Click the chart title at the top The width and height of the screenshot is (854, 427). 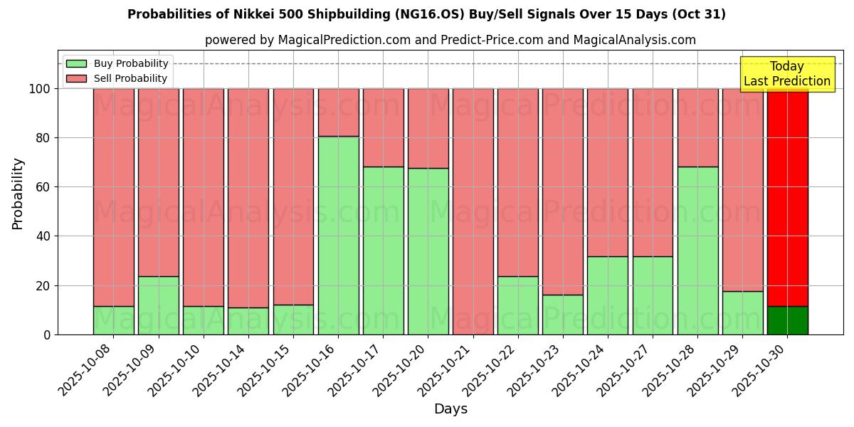pyautogui.click(x=426, y=14)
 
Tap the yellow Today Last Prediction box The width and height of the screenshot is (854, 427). pyautogui.click(x=786, y=74)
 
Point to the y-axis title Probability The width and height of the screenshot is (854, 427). pyautogui.click(x=18, y=193)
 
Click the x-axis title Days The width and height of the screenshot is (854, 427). pyautogui.click(x=450, y=409)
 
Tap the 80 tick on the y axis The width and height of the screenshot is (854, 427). pyautogui.click(x=42, y=138)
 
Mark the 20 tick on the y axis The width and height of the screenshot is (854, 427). pyautogui.click(x=42, y=285)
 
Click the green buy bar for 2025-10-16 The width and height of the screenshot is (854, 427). pyautogui.click(x=338, y=235)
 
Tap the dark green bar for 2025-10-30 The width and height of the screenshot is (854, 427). pyautogui.click(x=787, y=320)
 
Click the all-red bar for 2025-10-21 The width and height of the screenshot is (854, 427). pyautogui.click(x=473, y=211)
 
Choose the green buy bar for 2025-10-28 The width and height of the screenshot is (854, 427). pyautogui.click(x=697, y=251)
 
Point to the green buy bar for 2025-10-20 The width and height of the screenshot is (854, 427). pyautogui.click(x=428, y=251)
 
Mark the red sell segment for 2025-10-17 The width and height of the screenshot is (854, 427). pyautogui.click(x=383, y=127)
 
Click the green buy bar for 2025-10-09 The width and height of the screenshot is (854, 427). pyautogui.click(x=158, y=305)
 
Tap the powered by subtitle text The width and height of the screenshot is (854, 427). pyautogui.click(x=450, y=40)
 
